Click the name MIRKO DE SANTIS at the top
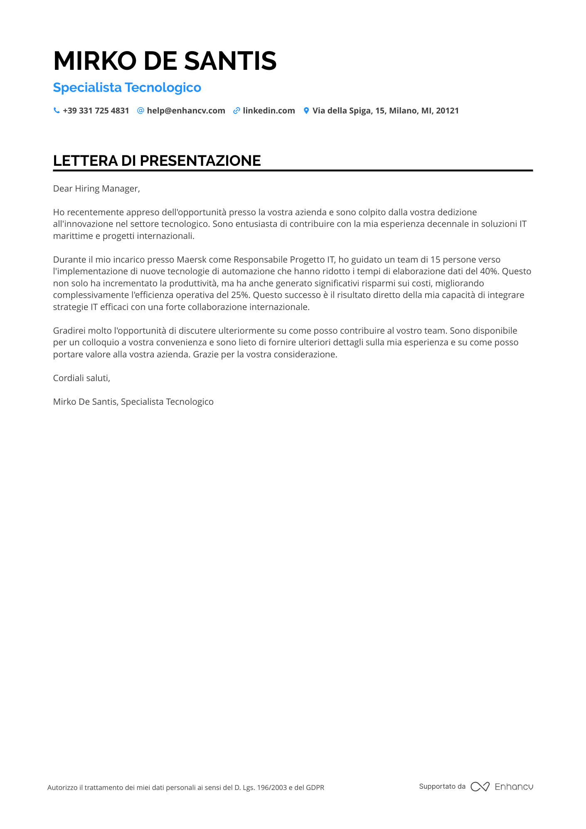click(165, 61)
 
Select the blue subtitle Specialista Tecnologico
click(127, 88)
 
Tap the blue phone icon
click(57, 111)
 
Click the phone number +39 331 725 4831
click(96, 111)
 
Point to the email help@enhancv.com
click(186, 111)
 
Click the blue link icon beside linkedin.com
click(236, 111)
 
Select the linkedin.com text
click(269, 111)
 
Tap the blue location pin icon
click(306, 111)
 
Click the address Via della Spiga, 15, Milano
click(385, 111)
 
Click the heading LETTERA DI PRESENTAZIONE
click(157, 161)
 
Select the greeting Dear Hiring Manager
click(96, 189)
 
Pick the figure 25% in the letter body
click(240, 295)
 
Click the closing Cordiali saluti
click(81, 378)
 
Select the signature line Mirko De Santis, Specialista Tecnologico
click(133, 402)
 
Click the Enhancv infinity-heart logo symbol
click(480, 787)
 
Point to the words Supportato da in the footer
click(442, 786)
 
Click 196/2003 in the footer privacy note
click(272, 787)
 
